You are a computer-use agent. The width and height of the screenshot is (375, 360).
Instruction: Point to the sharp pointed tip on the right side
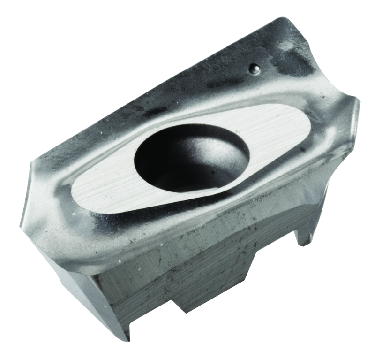coord(358,100)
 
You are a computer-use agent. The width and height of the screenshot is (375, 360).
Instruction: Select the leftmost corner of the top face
coord(34,162)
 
